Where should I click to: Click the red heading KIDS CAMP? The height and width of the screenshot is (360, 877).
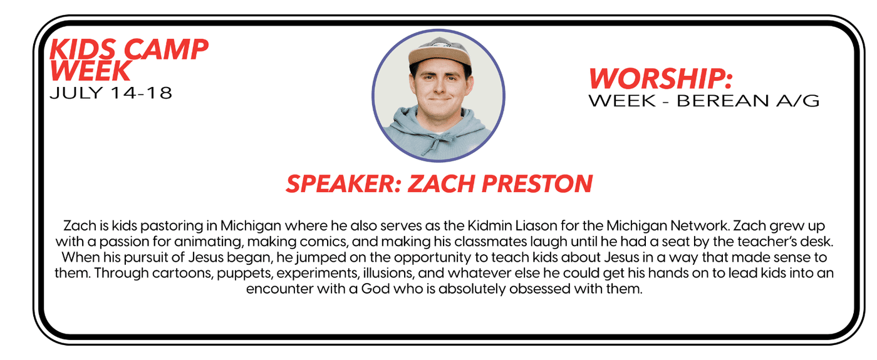tap(129, 49)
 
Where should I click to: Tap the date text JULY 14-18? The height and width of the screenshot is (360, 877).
tap(111, 93)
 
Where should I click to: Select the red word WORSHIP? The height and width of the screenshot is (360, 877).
tap(660, 79)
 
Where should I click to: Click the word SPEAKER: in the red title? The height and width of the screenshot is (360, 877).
tap(344, 183)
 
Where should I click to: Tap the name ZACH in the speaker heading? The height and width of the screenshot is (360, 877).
tap(442, 183)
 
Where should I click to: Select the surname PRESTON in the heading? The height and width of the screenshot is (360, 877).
tap(537, 183)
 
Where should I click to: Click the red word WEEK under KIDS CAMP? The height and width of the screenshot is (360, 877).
tap(90, 71)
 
